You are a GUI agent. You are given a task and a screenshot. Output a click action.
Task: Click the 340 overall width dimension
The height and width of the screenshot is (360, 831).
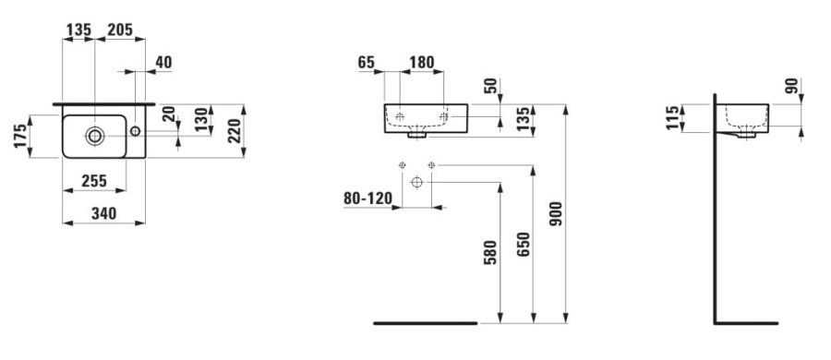point(103,213)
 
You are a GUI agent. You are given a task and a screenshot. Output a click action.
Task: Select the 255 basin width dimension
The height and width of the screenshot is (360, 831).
point(94,181)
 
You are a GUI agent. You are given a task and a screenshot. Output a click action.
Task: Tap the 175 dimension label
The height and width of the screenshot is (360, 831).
point(20,137)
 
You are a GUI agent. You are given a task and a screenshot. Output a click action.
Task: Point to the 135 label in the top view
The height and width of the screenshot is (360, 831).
point(78,30)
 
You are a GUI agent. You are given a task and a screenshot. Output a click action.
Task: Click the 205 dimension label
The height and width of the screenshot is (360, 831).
point(120,30)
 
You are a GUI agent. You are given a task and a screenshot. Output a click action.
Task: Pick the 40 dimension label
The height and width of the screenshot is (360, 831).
point(163,63)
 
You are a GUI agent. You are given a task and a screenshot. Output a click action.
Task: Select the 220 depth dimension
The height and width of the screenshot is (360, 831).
point(235,131)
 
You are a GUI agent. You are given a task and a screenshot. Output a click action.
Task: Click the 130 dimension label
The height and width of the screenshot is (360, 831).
point(201,120)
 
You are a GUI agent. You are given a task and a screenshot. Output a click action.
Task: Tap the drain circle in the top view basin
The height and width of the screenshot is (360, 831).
point(95,137)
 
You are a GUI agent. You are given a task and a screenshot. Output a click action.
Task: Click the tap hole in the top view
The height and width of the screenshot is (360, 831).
point(136,130)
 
